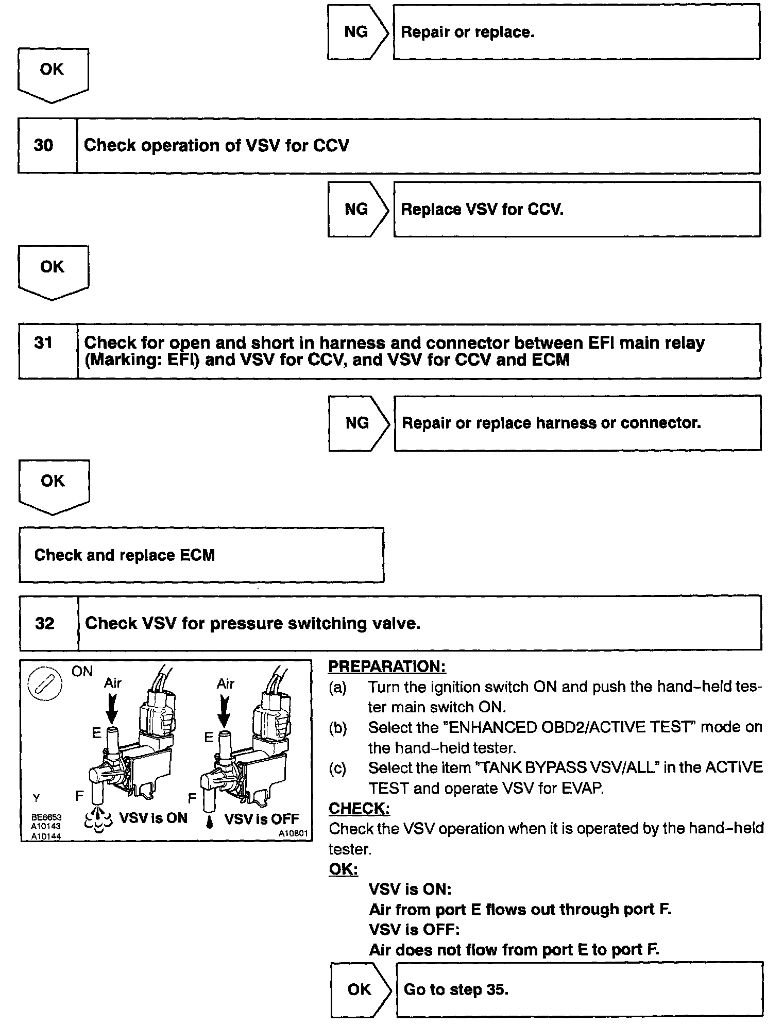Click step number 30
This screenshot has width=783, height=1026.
click(x=44, y=146)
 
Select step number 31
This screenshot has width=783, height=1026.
click(x=44, y=343)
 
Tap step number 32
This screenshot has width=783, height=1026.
click(x=45, y=624)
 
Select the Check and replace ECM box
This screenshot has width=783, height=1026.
click(x=201, y=555)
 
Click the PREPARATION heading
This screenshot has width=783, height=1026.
click(x=387, y=666)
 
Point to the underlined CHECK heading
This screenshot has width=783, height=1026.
click(x=359, y=809)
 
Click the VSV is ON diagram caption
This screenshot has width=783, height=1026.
click(x=153, y=818)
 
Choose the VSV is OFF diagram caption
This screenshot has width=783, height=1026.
click(x=262, y=818)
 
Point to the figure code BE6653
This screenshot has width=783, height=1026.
click(x=46, y=817)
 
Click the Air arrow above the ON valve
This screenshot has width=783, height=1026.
click(x=112, y=708)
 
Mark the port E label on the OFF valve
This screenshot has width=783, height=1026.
click(x=209, y=738)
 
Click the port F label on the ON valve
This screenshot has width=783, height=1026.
click(x=80, y=796)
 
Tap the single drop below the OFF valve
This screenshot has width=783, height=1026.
click(x=210, y=823)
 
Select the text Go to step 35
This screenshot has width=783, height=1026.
click(x=456, y=989)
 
